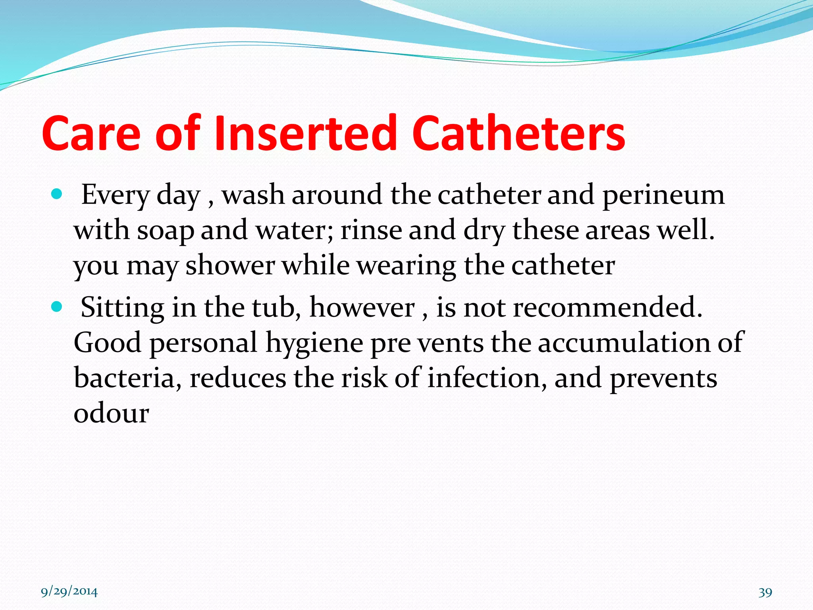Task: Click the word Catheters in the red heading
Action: (x=518, y=133)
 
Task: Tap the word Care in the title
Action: (x=91, y=133)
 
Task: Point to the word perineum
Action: (x=663, y=195)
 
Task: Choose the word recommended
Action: (x=607, y=307)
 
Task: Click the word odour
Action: (x=111, y=413)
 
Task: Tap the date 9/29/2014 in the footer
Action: (x=69, y=592)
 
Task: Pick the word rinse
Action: (x=371, y=230)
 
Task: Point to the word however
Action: (x=362, y=307)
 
